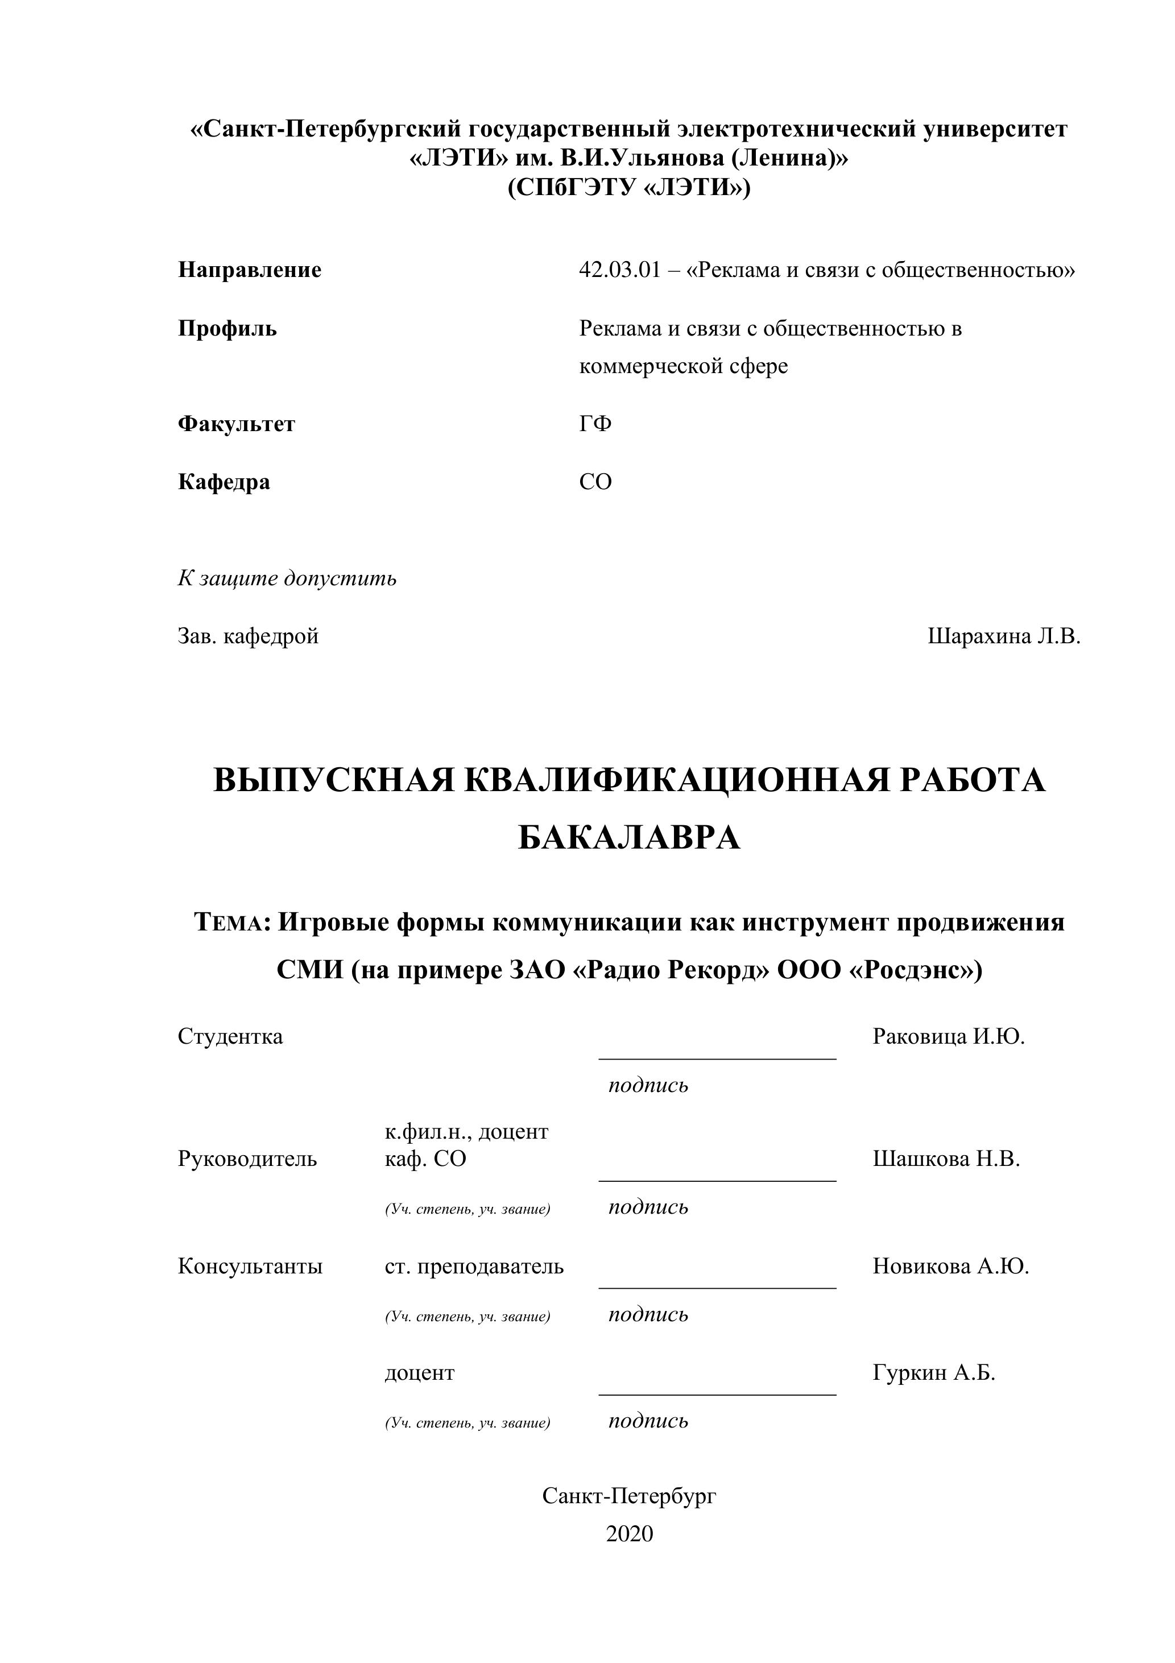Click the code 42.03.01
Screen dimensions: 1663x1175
(619, 270)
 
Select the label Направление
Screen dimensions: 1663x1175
(249, 270)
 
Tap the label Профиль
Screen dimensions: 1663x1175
(227, 329)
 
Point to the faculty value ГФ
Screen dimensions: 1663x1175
(595, 424)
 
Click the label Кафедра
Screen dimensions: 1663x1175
(224, 482)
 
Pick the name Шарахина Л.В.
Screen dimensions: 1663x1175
(1003, 636)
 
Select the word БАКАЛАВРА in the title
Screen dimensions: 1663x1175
(629, 838)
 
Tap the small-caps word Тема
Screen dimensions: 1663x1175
(231, 924)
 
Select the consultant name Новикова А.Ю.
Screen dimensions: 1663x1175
(950, 1266)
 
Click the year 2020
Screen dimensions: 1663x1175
(629, 1534)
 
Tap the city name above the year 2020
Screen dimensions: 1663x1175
(629, 1496)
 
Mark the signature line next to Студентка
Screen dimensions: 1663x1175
(717, 1058)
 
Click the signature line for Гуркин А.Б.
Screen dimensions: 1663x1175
(717, 1395)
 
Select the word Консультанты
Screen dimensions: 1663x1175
(250, 1266)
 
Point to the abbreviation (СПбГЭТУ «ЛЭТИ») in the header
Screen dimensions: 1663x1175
(629, 188)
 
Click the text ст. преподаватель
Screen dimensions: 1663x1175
(474, 1266)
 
